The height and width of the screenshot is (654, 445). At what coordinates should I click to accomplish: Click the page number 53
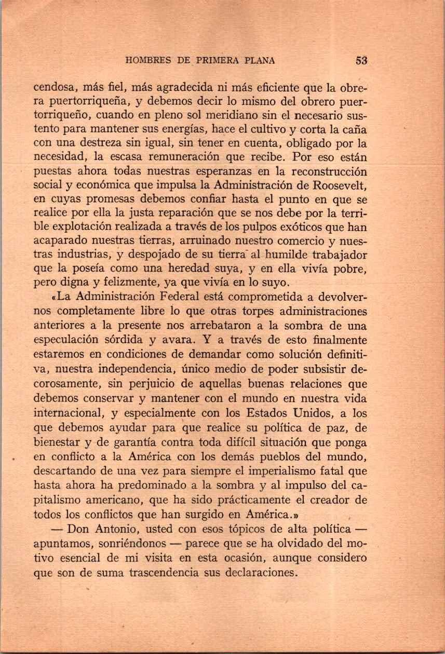tap(362, 60)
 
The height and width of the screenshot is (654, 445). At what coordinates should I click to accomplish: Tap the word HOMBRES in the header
tap(150, 61)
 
